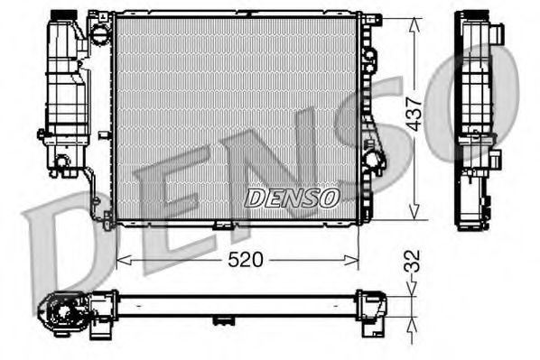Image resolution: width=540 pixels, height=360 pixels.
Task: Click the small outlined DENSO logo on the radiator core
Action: [x=292, y=197]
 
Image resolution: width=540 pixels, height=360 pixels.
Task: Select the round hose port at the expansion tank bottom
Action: [x=61, y=162]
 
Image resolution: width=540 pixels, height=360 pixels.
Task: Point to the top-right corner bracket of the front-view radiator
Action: [x=369, y=19]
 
